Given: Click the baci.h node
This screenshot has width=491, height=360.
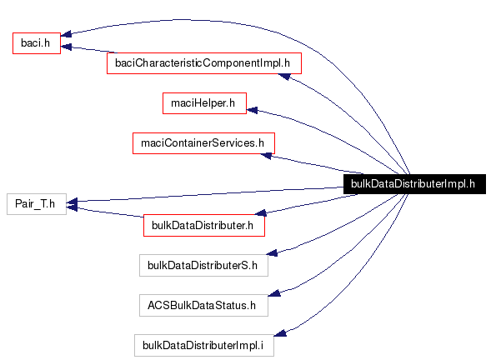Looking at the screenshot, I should coord(36,42).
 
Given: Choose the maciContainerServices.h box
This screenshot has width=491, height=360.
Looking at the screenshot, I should coord(203,143).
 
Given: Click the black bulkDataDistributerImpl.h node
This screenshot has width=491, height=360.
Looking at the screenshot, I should coord(413,184).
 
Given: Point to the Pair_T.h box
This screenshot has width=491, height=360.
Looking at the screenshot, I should coord(36,203).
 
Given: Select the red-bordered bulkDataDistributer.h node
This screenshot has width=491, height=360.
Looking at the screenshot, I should coord(204,224).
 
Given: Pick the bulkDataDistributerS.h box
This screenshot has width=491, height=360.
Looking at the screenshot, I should coord(203,265).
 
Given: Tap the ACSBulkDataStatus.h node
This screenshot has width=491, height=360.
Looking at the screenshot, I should coord(203,305).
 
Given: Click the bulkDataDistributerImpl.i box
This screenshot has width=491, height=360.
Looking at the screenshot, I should coord(203,345).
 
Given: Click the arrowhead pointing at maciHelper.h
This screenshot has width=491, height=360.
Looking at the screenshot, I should coord(253,109).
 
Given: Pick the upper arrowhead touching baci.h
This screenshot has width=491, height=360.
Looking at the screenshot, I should coord(68,35).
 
